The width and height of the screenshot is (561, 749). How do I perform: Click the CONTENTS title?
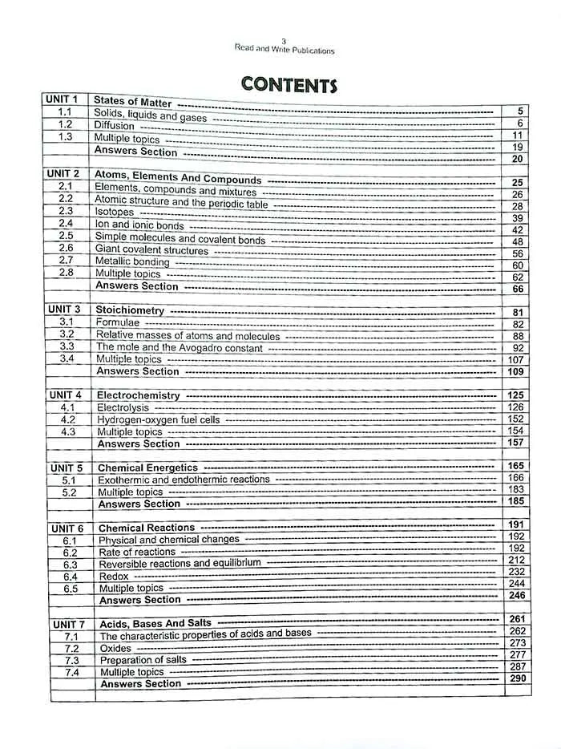(x=289, y=84)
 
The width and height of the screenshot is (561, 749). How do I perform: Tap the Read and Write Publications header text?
(x=285, y=50)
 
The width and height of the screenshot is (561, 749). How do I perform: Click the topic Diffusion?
(x=114, y=126)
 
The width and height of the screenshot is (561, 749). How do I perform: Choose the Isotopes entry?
(x=115, y=213)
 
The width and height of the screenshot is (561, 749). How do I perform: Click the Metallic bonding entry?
(x=132, y=261)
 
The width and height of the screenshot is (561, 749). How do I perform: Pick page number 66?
(x=517, y=289)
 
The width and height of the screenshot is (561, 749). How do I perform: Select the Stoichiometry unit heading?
(x=130, y=310)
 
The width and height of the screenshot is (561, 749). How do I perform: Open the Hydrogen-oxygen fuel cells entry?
(x=158, y=419)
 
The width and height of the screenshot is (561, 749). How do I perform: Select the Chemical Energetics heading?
(x=147, y=468)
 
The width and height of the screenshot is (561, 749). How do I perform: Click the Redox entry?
(x=113, y=576)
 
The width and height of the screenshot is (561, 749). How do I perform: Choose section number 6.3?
(x=70, y=565)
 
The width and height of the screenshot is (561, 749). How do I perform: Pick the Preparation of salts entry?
(x=143, y=660)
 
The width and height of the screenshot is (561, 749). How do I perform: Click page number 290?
(x=517, y=678)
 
